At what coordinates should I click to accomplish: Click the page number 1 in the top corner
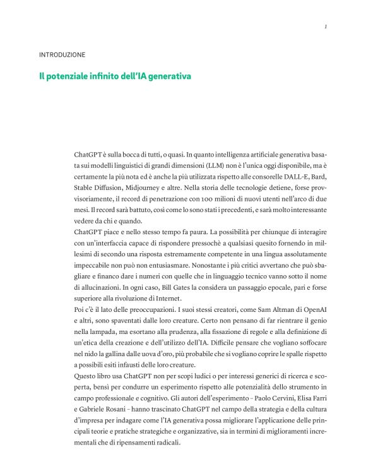(324, 27)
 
